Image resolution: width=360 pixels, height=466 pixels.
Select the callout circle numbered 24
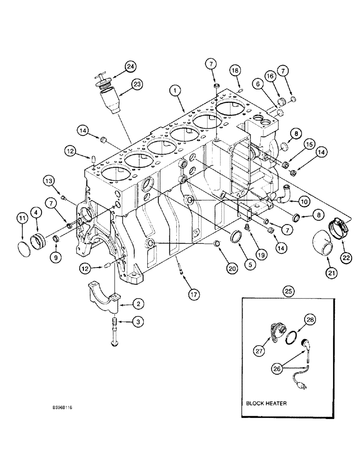[130, 67]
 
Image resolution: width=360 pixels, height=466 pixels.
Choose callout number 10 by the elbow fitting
[304, 202]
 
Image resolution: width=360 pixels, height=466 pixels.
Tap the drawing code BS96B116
[62, 407]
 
